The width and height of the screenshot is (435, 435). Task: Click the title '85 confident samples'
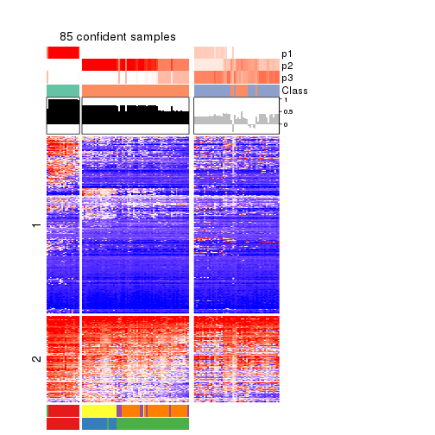(117, 37)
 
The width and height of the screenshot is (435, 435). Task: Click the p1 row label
(287, 54)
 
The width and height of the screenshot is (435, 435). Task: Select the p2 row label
(287, 66)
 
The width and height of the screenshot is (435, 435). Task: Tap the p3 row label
(287, 78)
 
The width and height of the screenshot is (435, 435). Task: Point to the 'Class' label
(294, 91)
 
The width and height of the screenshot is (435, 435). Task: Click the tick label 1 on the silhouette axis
(286, 101)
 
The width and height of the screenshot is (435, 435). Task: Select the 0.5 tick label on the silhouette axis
(288, 112)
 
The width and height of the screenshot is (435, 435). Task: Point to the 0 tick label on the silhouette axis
(286, 124)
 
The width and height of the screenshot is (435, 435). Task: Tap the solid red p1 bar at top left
(62, 53)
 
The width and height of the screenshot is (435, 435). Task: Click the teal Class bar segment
(62, 91)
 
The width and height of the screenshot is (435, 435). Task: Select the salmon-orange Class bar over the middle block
(135, 91)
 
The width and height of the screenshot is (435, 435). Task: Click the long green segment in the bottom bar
(152, 424)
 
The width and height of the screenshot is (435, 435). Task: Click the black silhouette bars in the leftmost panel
(62, 112)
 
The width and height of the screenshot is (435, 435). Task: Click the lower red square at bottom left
(62, 424)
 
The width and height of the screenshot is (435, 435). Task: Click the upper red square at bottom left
(62, 411)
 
